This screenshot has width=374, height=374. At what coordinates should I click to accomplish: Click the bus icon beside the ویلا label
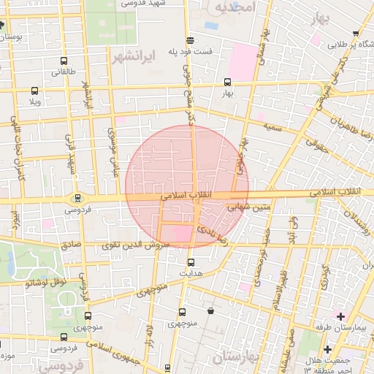pos(34,91)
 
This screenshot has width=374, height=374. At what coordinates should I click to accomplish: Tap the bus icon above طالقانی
pos(65,62)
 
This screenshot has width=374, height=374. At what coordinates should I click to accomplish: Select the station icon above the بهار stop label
pos(227,82)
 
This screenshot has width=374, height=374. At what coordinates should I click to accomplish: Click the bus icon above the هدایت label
pos(191,262)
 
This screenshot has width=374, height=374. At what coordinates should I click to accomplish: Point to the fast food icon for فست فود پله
pos(190,40)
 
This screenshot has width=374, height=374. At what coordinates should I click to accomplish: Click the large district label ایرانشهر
pos(129,56)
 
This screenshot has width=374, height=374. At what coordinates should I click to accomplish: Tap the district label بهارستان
pos(239,358)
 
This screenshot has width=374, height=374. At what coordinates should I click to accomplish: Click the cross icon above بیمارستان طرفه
pos(340,315)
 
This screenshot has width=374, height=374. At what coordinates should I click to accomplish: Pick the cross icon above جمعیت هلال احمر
pos(328,349)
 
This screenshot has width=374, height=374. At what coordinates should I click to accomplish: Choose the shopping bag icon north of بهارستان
pos(210,311)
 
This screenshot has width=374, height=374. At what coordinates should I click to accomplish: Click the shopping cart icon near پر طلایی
pos(356,33)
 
